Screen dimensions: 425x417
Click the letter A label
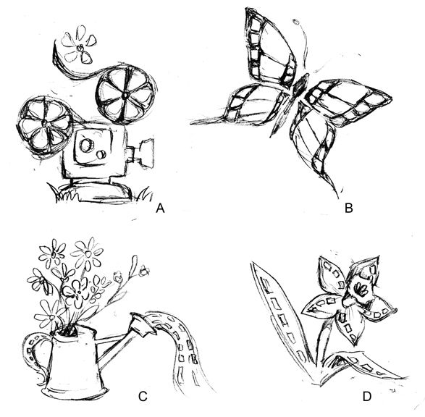[x=160, y=208]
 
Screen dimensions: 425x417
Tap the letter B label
[x=348, y=208]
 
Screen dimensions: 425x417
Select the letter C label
[x=143, y=397]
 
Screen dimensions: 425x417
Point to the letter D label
[x=367, y=397]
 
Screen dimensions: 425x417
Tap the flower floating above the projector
[x=79, y=46]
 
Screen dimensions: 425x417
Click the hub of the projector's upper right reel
[x=126, y=95]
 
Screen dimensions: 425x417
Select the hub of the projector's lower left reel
[x=43, y=124]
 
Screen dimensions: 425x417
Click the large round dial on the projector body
[x=86, y=146]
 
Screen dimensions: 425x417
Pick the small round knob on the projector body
[x=101, y=154]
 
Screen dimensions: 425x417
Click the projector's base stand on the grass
[x=101, y=190]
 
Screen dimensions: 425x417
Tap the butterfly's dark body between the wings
[x=300, y=87]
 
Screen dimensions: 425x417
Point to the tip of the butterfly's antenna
[x=297, y=22]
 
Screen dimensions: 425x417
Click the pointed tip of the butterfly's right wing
[x=391, y=98]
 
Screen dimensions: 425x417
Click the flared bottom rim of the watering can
[x=75, y=391]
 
